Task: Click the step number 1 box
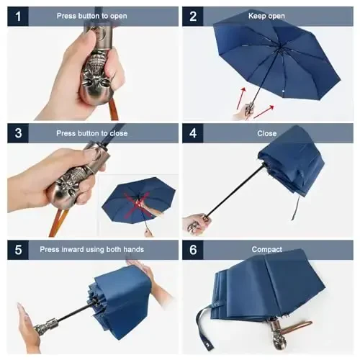(x=17, y=16)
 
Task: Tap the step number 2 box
(x=193, y=16)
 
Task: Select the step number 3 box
(x=17, y=132)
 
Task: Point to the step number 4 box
(x=193, y=132)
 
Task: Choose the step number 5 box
(x=17, y=249)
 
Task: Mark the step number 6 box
(x=193, y=249)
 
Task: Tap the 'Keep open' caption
(x=266, y=16)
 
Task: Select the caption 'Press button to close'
(x=93, y=132)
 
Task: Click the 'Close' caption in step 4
(x=266, y=132)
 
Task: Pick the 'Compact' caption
(x=266, y=249)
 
